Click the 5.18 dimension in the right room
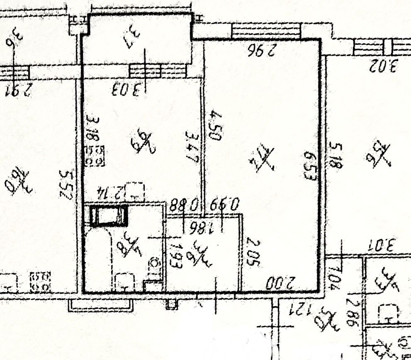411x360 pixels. point(336,156)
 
